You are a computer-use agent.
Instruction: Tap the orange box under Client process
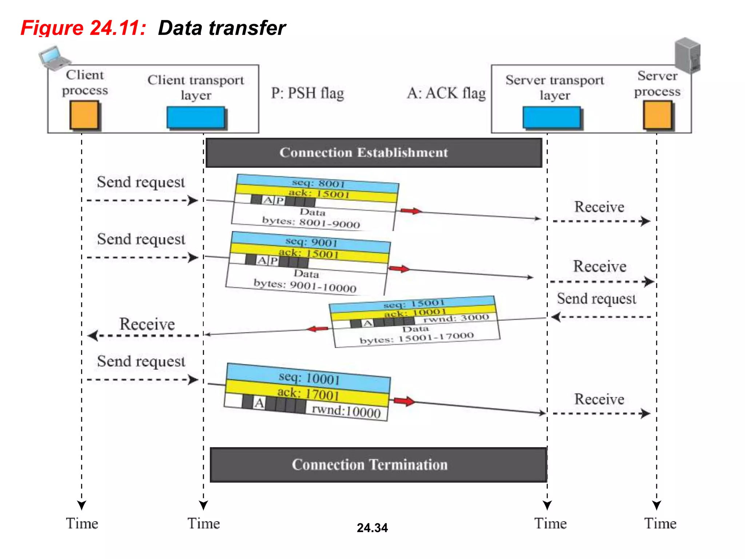(x=84, y=115)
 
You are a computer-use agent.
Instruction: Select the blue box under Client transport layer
(x=196, y=117)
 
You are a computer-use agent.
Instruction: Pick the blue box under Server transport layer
(x=551, y=117)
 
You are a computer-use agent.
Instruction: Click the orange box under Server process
(x=658, y=115)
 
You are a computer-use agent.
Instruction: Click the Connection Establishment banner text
(x=364, y=152)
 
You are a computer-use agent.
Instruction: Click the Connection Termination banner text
(x=370, y=465)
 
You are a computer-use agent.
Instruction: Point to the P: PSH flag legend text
(x=307, y=93)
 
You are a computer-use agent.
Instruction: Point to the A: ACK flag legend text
(x=446, y=93)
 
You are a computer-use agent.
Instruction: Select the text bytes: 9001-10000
(x=305, y=286)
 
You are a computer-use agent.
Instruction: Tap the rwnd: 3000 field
(x=456, y=318)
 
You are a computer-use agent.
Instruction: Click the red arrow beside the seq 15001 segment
(x=317, y=329)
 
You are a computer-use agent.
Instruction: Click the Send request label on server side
(x=597, y=299)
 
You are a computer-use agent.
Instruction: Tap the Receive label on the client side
(x=147, y=324)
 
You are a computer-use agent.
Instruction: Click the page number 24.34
(x=372, y=528)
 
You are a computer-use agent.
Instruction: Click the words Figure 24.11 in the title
(x=84, y=28)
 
